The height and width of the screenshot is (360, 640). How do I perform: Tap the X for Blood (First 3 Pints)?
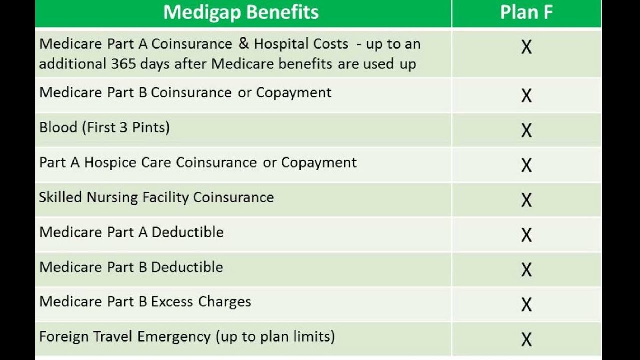[526, 131]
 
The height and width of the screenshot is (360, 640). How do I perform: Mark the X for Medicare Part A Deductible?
[526, 235]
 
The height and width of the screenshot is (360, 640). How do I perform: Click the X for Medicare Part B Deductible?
[526, 270]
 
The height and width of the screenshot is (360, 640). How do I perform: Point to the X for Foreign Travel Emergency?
[526, 340]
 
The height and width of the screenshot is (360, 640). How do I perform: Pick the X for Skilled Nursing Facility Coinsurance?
[526, 200]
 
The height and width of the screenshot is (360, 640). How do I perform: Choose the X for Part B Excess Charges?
[526, 305]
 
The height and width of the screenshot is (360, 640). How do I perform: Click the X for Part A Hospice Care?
[526, 165]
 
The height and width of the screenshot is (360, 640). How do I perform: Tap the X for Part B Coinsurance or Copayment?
[526, 96]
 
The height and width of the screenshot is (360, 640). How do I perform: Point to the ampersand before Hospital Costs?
[243, 44]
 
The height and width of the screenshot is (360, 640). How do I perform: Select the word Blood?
[58, 127]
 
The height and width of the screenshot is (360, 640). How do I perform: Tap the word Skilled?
[60, 197]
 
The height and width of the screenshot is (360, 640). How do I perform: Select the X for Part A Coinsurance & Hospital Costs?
[526, 47]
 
